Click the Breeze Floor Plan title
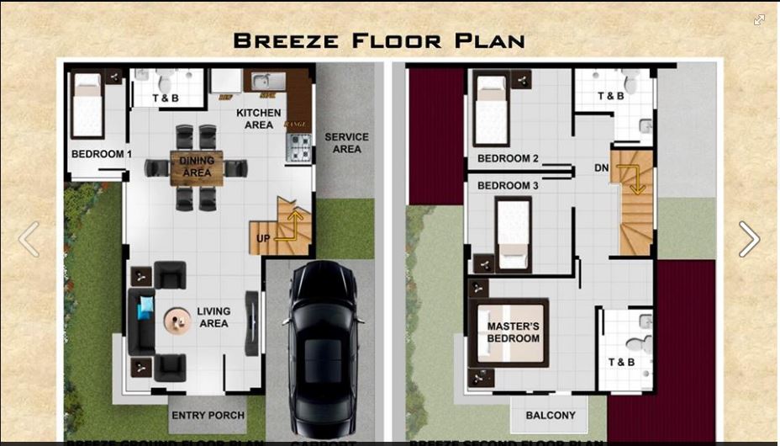coord(379,40)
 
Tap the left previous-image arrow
coord(29,240)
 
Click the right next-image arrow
coord(748,240)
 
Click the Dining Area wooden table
coord(197,167)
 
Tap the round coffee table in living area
coord(177,321)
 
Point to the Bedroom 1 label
coord(101,155)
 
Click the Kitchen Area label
coord(258,119)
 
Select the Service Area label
coord(346,143)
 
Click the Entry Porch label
coord(208,416)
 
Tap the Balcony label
coord(551,416)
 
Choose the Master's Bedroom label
coord(513,332)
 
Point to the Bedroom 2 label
coord(508,159)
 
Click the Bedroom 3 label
coord(508,186)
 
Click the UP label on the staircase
coord(263,239)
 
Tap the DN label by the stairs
coord(601,168)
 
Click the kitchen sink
coord(263,82)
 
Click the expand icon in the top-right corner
coord(759,20)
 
